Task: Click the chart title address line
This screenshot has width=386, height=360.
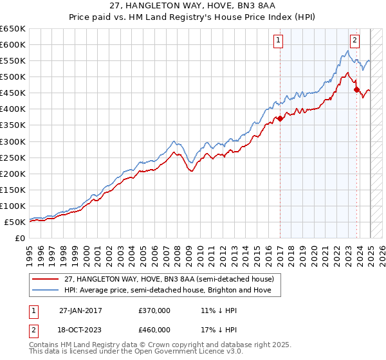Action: [x=193, y=6]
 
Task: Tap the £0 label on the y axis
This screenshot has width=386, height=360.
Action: [x=20, y=238]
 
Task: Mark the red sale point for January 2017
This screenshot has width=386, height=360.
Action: [x=280, y=118]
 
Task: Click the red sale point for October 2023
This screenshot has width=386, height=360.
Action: [x=357, y=89]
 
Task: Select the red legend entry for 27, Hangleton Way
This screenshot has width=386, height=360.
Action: [x=169, y=279]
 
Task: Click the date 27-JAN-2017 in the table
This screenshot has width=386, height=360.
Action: [x=81, y=310]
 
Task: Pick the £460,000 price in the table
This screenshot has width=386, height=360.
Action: [x=154, y=329]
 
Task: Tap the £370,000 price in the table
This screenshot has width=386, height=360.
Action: [x=154, y=310]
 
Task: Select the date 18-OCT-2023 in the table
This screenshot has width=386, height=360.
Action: [x=81, y=329]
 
